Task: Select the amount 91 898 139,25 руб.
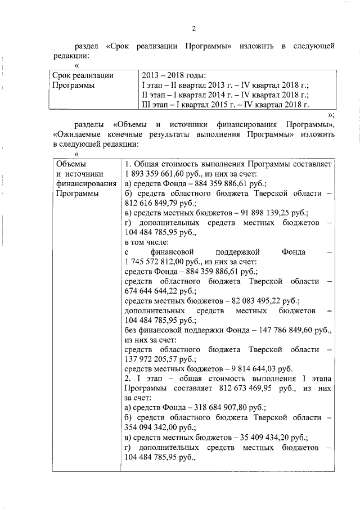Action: pos(266,213)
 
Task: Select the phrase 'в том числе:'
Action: pos(147,242)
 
